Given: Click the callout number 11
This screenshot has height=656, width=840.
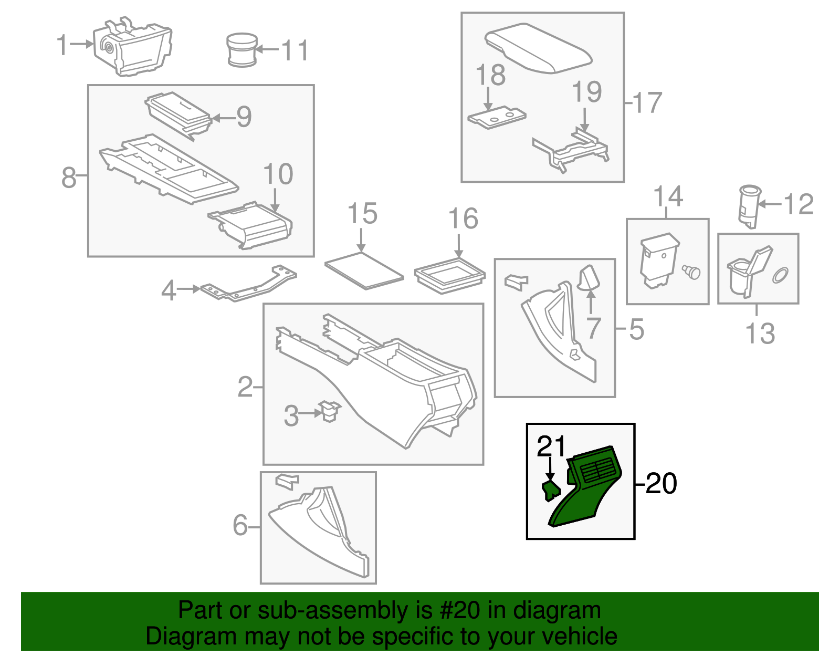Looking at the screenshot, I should [295, 50].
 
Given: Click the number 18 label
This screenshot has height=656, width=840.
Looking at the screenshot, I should [490, 75].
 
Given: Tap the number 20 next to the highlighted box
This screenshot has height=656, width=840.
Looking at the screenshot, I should [661, 483].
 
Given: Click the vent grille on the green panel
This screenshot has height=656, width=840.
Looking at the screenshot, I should [596, 469].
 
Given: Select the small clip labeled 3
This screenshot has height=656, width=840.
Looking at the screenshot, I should [330, 411].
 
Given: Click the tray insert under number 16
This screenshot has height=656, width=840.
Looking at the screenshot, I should [449, 275].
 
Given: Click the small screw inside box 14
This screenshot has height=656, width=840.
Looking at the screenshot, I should [692, 272].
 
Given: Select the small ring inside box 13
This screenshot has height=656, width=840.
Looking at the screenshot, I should [780, 275].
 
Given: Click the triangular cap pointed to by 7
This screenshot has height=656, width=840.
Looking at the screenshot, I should [589, 278].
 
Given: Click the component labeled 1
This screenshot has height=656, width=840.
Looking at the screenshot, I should [134, 47].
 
